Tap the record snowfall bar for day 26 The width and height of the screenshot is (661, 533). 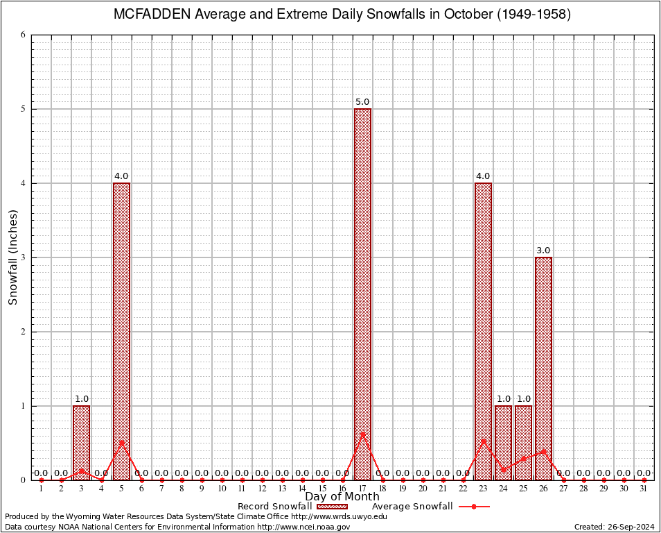pos(543,368)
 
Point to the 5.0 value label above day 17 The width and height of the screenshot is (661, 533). pos(362,102)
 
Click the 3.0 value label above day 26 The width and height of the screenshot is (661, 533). pos(543,251)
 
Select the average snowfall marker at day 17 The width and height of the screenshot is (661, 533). pos(362,435)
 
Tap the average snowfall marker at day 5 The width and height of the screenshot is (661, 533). pos(121,442)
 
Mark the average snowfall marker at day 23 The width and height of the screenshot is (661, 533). pos(483,441)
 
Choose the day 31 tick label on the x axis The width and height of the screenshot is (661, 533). pos(644,489)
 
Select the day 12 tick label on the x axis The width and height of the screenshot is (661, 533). pos(262,489)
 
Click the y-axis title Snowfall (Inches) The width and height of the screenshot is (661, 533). pos(12,257)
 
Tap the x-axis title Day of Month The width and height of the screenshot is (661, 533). pos(342,497)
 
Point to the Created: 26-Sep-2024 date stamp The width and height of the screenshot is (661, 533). pos(614,527)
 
